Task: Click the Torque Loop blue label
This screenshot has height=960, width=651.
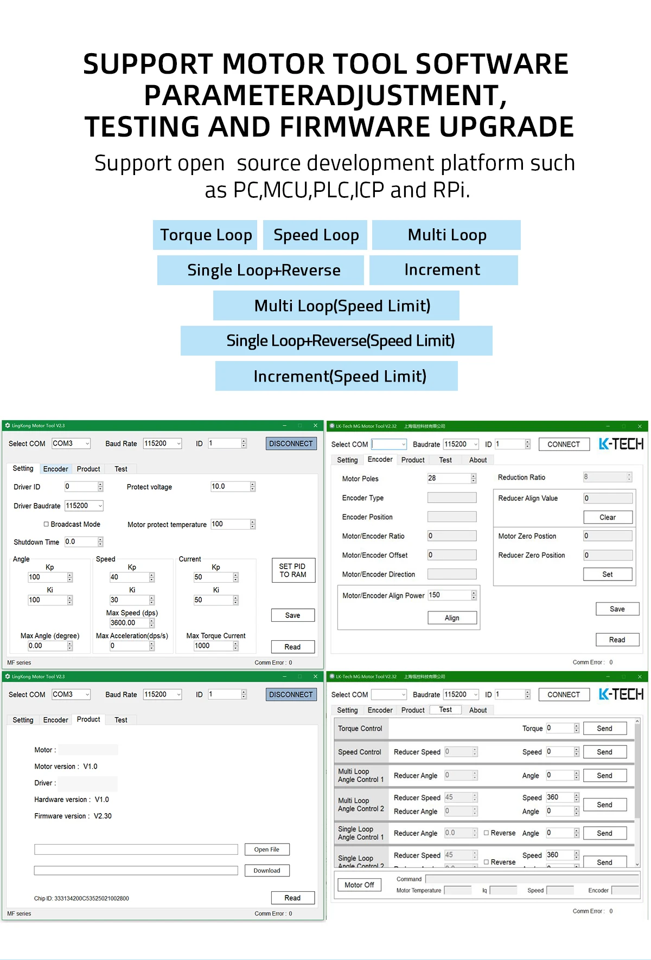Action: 206,235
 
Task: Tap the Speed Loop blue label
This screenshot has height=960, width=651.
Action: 316,235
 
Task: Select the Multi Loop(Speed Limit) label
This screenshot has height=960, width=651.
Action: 336,306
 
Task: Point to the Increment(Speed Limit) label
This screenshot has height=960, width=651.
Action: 337,376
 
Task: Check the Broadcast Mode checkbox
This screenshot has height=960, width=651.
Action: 47,524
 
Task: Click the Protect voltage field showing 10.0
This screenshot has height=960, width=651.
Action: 230,487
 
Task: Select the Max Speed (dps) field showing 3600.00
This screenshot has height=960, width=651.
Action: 129,623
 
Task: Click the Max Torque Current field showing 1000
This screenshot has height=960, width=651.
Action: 213,646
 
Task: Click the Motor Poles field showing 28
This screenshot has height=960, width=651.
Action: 449,478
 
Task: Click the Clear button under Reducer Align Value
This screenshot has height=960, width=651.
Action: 608,517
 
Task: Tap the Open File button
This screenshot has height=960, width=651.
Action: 266,849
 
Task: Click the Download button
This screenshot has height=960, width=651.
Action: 266,871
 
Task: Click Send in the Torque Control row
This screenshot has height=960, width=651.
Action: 604,729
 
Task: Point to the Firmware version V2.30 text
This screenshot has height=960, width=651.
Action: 73,816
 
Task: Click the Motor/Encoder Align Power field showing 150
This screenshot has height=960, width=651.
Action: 449,595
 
